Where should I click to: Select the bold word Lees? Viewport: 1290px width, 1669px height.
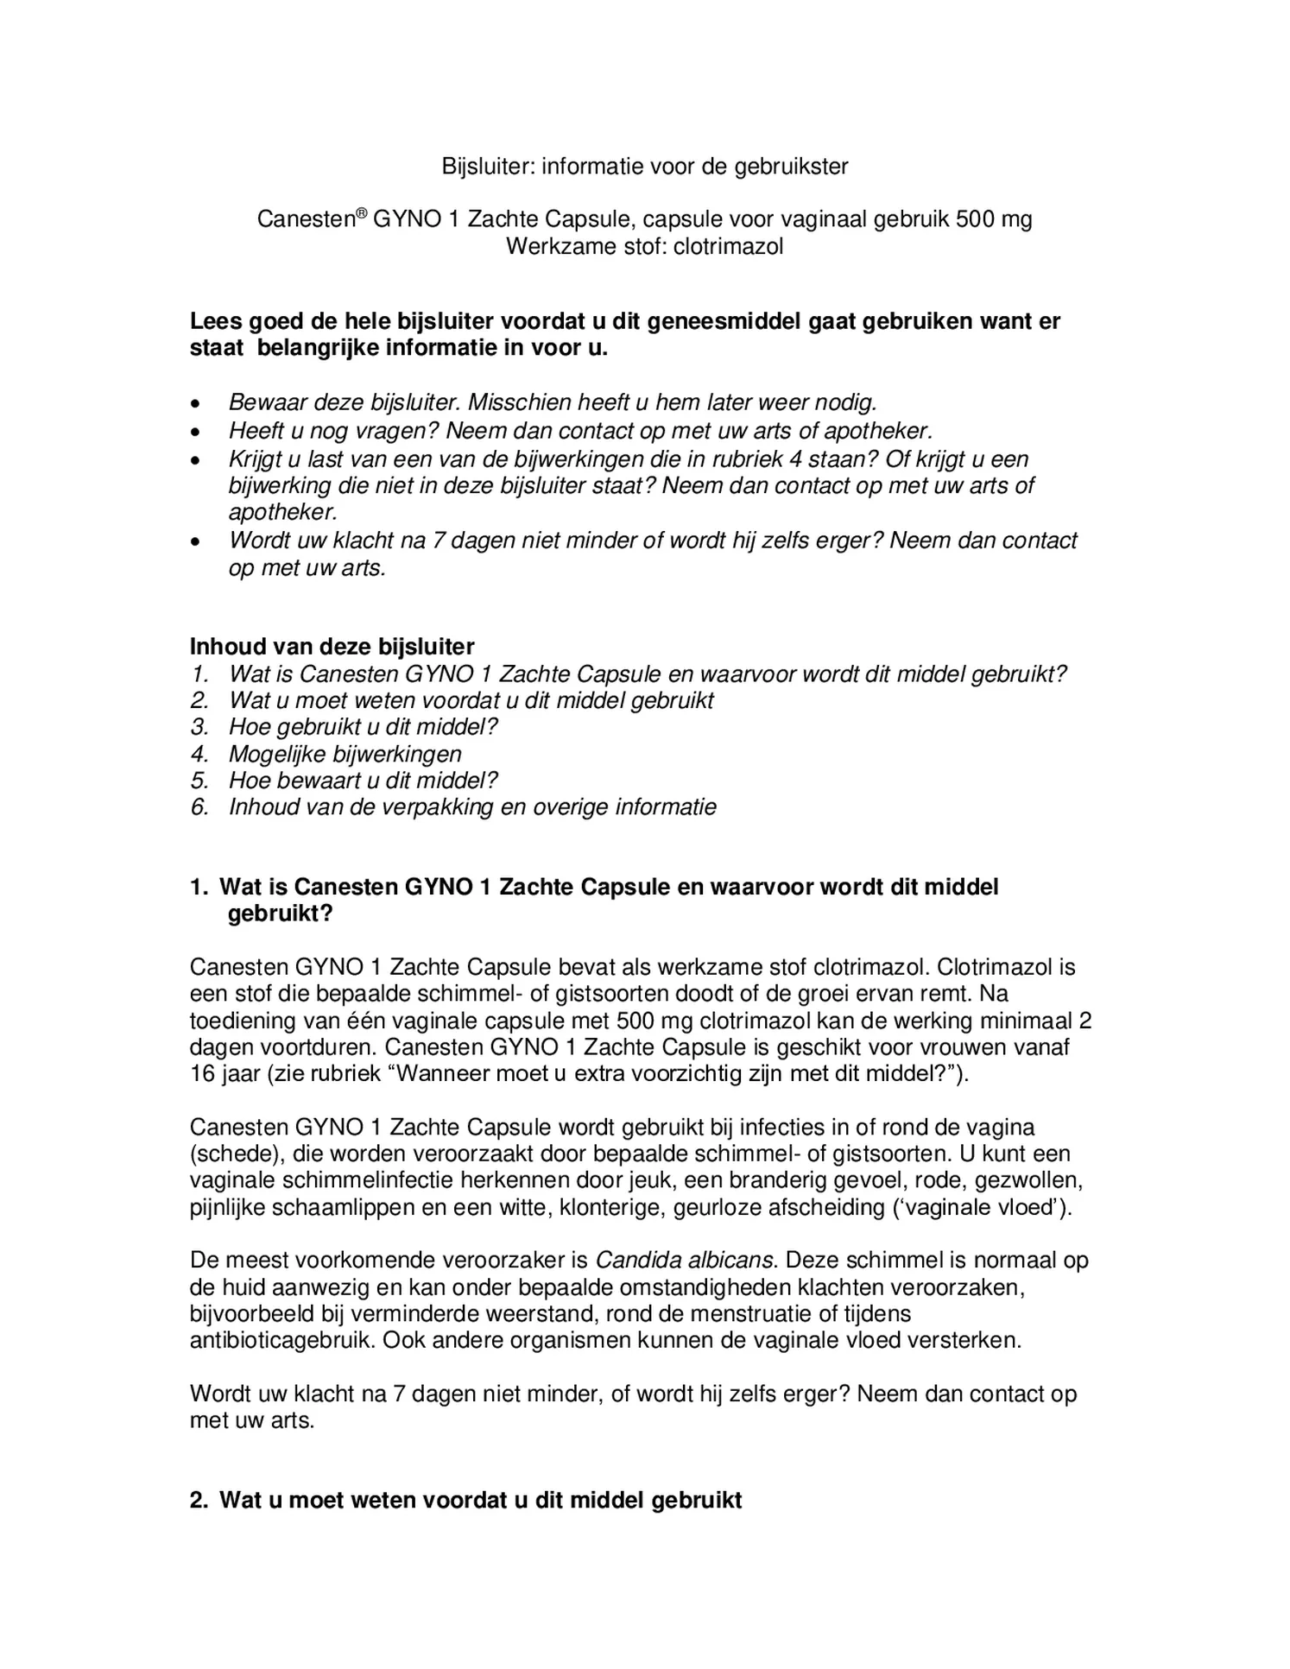point(216,321)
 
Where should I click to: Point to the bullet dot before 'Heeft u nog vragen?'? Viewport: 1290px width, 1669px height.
point(198,431)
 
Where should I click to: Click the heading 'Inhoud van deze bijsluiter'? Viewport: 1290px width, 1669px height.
point(332,646)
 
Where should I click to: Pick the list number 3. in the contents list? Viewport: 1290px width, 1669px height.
point(199,727)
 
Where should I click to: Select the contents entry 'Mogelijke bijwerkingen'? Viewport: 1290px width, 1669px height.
point(345,754)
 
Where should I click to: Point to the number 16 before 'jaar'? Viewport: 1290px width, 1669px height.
point(202,1074)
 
